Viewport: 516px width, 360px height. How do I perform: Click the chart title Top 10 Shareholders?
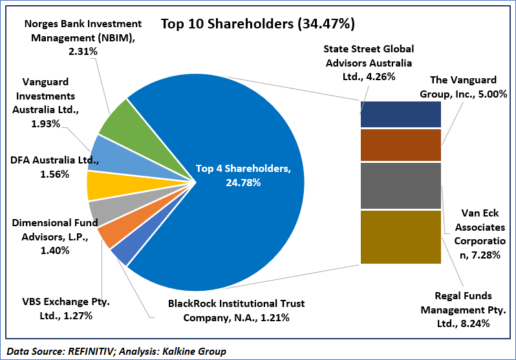[x=257, y=25]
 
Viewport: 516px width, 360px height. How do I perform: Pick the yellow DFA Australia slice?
[x=98, y=186]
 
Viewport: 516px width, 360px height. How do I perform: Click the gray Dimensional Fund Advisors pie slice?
[x=101, y=211]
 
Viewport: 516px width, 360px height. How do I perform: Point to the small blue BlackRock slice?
[x=121, y=251]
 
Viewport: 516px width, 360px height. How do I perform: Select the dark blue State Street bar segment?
[x=400, y=114]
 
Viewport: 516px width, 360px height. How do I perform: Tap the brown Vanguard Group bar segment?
[x=400, y=145]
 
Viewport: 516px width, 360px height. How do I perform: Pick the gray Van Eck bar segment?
[x=400, y=185]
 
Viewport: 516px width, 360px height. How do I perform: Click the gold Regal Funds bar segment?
[x=400, y=237]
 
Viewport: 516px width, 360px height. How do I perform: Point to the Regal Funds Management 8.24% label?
[x=463, y=309]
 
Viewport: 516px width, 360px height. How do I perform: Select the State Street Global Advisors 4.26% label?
[x=369, y=62]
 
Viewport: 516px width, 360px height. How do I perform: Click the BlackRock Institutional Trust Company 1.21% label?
[x=236, y=310]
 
